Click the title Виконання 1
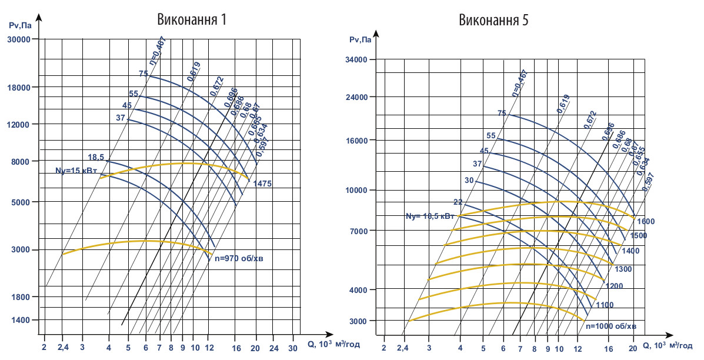[191, 19]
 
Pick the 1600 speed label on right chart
[645, 222]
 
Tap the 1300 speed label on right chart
[623, 269]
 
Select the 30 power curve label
[469, 181]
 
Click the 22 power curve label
[458, 202]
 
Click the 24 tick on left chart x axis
[273, 348]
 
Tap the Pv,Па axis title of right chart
[360, 40]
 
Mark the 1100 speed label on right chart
[604, 305]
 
